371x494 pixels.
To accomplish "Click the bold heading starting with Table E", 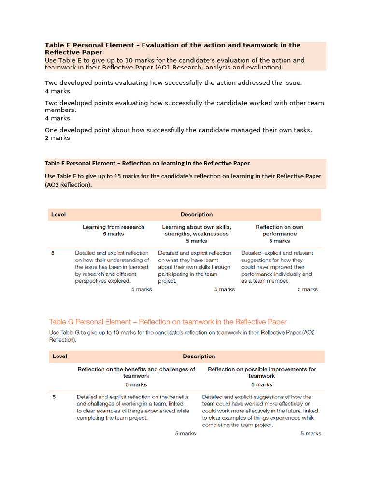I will tap(172, 48).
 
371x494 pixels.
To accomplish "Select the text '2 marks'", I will tap(57, 138).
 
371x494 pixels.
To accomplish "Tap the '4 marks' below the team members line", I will tap(57, 118).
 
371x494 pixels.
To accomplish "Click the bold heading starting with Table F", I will tap(147, 163).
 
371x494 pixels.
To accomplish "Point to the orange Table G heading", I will tap(168, 322).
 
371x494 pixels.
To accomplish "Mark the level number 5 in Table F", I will tap(53, 253).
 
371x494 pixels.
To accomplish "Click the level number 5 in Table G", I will tap(54, 397).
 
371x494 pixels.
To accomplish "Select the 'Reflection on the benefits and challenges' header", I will tap(136, 372).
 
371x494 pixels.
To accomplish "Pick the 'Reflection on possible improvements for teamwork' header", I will tap(261, 372).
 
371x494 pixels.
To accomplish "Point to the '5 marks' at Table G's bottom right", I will tap(311, 433).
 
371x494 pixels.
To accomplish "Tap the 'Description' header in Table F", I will tap(196, 214).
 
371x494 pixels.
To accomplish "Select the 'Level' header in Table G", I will tap(59, 357).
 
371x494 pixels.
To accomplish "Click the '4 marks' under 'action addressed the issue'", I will tap(57, 91).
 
